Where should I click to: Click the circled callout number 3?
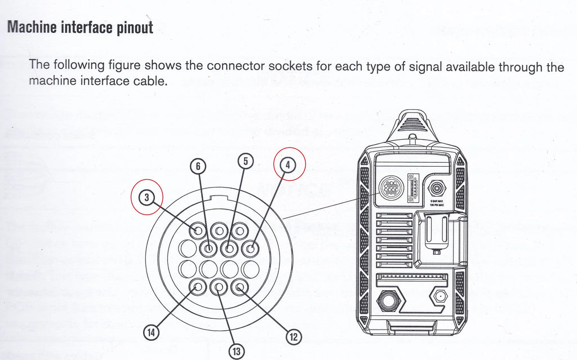tap(146, 197)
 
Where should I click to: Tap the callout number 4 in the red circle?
tap(288, 166)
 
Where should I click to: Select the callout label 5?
tap(245, 161)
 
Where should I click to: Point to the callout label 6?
tap(198, 166)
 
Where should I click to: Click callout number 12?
tap(293, 337)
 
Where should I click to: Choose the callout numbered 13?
tap(236, 352)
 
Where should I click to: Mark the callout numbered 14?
tap(150, 332)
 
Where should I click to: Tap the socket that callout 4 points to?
tap(250, 248)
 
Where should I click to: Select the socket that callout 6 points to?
tap(209, 248)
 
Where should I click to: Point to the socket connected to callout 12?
tap(239, 287)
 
